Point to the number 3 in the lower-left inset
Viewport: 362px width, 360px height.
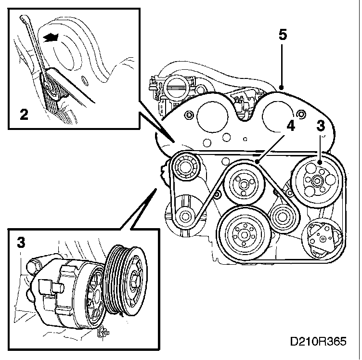[x=21, y=243]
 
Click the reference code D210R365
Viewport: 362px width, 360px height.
[x=318, y=342]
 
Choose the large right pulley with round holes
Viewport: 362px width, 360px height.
[x=316, y=180]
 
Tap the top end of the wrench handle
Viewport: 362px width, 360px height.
[x=23, y=19]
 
